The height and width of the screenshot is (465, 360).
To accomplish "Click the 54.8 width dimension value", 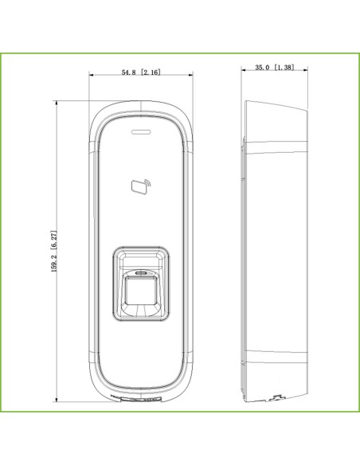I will click(129, 72).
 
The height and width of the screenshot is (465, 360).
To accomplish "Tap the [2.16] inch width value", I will click(151, 72).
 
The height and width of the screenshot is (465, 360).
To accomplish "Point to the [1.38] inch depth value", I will click(284, 68).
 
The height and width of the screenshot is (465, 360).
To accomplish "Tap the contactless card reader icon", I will click(139, 187).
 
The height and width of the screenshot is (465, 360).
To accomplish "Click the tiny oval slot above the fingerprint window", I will click(140, 272).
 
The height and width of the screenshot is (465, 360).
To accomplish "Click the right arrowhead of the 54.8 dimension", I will click(190, 76).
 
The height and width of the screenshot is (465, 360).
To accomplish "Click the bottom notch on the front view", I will click(140, 396).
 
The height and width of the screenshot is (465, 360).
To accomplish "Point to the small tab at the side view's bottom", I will click(279, 396).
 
